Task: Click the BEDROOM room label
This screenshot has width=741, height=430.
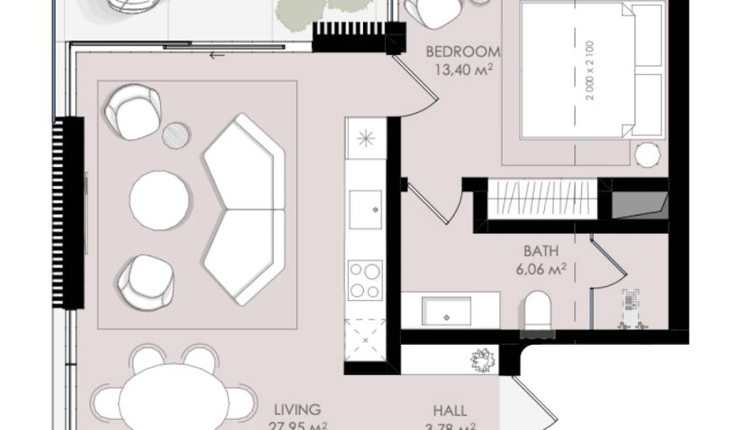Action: click(x=463, y=50)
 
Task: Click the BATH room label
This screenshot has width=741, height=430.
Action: click(x=540, y=251)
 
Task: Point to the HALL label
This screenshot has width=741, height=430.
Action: click(x=450, y=411)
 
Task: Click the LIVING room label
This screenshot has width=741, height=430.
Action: click(x=296, y=410)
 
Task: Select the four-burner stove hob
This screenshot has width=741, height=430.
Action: click(x=365, y=280)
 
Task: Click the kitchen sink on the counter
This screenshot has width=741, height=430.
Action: click(x=365, y=205)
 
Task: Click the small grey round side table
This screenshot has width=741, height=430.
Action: click(x=176, y=134)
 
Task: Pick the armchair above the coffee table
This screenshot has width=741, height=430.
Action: click(x=133, y=110)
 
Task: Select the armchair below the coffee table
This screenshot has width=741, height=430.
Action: click(x=145, y=281)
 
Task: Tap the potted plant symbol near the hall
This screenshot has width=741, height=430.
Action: click(x=482, y=361)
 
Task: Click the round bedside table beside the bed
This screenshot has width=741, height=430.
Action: click(x=648, y=155)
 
